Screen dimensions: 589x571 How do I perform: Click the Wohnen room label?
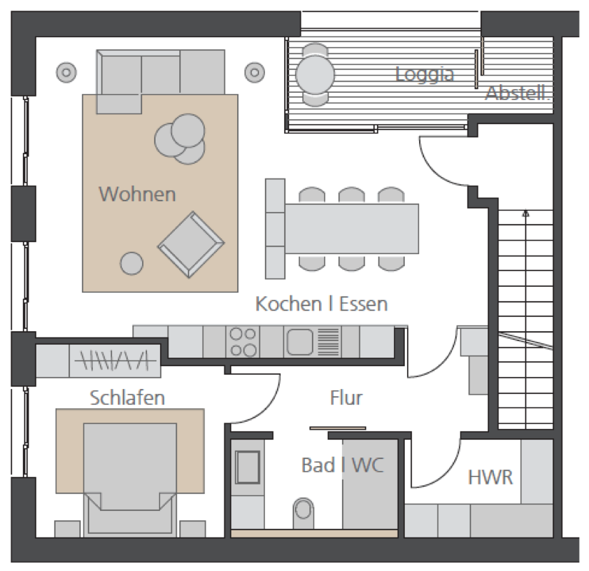pos(137,194)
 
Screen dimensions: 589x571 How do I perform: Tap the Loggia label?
pos(425,74)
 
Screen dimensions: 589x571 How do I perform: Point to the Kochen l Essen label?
pos(321,303)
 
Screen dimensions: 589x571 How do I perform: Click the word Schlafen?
pos(127,398)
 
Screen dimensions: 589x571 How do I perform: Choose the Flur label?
pos(346,398)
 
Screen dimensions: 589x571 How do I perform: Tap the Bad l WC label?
pos(343,465)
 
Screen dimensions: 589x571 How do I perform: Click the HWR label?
pos(490,477)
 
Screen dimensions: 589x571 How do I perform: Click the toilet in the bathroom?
pos(303,512)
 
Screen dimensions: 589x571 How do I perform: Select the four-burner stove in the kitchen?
pos(243,342)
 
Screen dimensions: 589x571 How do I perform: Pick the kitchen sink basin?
pos(300,342)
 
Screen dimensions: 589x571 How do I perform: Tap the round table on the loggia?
pos(315,74)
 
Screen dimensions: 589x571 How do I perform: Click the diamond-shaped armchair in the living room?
pos(191,245)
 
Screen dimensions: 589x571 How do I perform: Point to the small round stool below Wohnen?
pos(131,263)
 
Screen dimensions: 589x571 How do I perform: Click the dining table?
pos(351,229)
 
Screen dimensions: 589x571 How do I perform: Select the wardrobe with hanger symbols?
pos(115,361)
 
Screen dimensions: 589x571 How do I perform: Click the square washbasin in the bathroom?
pos(248,467)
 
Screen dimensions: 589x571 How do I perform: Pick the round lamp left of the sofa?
pos(66,73)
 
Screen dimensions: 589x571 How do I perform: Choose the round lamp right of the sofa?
pos(254,73)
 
